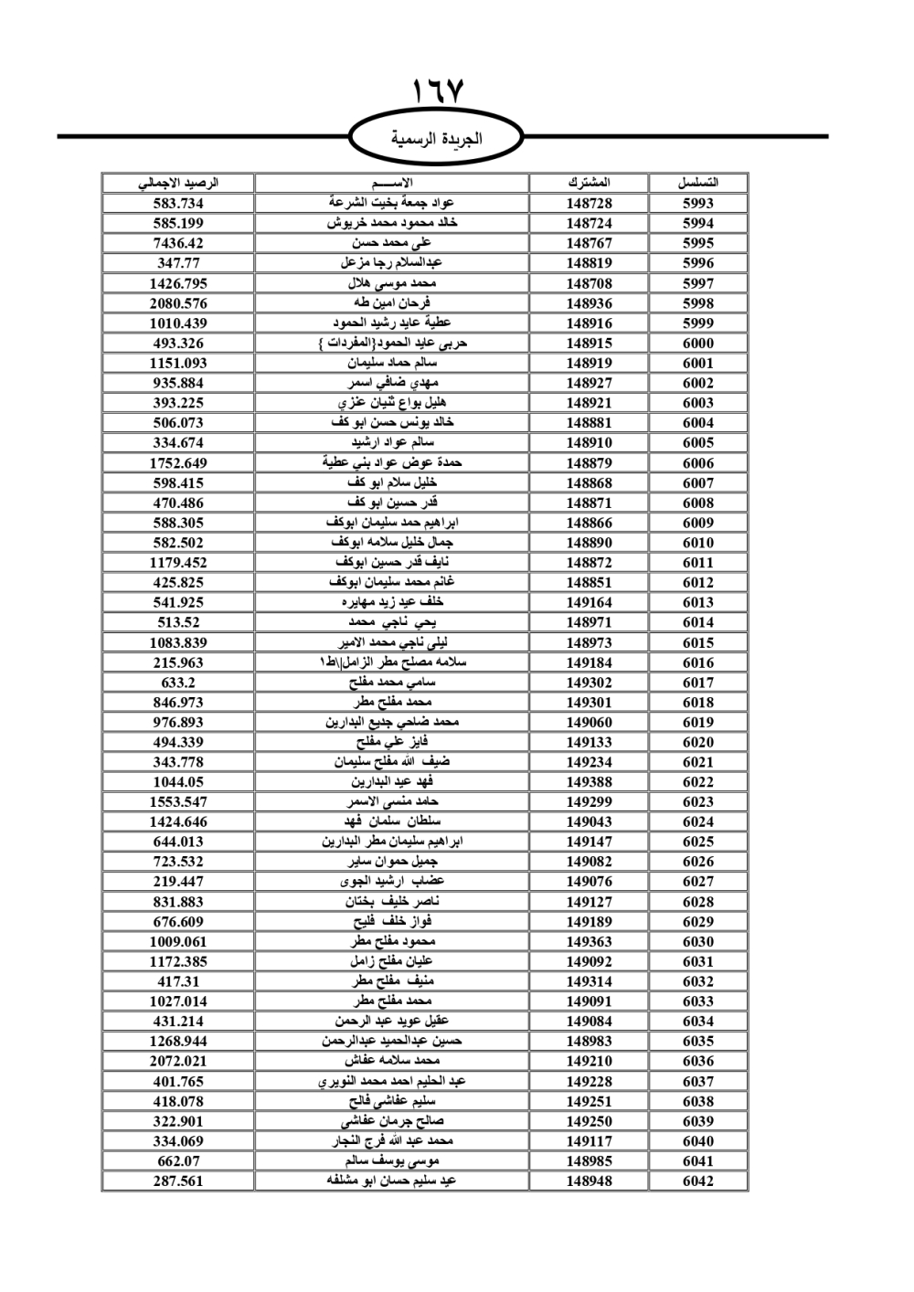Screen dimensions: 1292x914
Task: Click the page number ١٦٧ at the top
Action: [x=438, y=91]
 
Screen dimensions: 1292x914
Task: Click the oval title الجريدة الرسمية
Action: [x=437, y=140]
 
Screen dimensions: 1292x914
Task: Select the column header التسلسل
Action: [x=698, y=183]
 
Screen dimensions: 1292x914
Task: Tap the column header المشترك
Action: [x=589, y=183]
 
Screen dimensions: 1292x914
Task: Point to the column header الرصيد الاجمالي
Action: [x=178, y=183]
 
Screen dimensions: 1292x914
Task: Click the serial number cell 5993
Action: [x=698, y=204]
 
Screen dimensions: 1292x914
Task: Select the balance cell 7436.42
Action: [x=178, y=243]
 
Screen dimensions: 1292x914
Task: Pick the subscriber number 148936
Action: [x=589, y=303]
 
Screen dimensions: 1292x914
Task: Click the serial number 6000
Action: [x=698, y=344]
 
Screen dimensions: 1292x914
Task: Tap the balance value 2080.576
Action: [x=178, y=303]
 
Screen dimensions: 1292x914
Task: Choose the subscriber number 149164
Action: [x=589, y=602]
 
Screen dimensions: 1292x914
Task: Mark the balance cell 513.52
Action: [x=178, y=622]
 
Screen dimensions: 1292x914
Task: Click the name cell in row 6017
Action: [x=392, y=683]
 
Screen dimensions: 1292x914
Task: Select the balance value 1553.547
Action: [x=178, y=802]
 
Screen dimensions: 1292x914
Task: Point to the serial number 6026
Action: [x=698, y=862]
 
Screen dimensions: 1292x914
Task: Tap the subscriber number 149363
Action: [x=589, y=942]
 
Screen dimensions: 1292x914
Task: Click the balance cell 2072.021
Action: [x=178, y=1061]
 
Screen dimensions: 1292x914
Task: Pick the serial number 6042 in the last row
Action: [x=698, y=1181]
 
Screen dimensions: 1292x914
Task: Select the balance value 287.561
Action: [x=178, y=1181]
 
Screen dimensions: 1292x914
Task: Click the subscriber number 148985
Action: [x=589, y=1160]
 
